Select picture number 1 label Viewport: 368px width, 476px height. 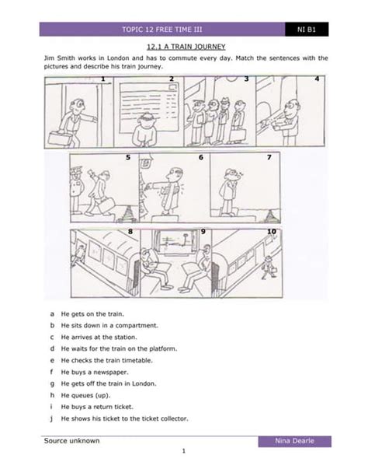coord(102,79)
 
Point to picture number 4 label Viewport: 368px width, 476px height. coord(317,79)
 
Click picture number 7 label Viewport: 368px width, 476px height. coord(269,157)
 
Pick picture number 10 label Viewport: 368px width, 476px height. coord(272,232)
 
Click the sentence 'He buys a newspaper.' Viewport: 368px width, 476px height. coord(92,373)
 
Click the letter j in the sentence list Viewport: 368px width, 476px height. coord(51,418)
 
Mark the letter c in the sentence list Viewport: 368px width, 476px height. coord(51,337)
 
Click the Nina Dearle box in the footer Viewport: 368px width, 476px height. coord(295,442)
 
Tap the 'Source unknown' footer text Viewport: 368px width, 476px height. coord(71,441)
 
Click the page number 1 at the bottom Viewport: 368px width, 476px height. coord(184,452)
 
